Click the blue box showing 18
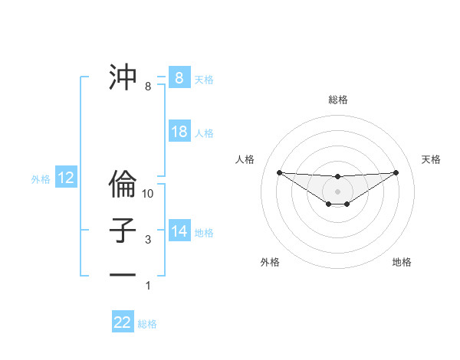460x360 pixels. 179,132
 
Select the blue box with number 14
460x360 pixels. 179,231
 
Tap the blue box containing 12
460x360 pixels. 66,178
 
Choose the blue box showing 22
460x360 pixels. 123,322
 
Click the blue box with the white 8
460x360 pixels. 179,78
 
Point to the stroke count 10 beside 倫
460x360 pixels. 148,194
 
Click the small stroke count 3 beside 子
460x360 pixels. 148,240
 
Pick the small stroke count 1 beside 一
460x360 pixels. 148,286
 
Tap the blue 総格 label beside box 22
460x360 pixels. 147,324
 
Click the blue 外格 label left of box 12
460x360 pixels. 41,179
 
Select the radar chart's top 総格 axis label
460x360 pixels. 337,100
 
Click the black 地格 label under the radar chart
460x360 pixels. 402,262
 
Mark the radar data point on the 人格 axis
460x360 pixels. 279,172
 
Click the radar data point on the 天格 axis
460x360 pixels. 396,172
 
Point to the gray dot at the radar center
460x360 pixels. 337,191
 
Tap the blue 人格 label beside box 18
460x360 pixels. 204,133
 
